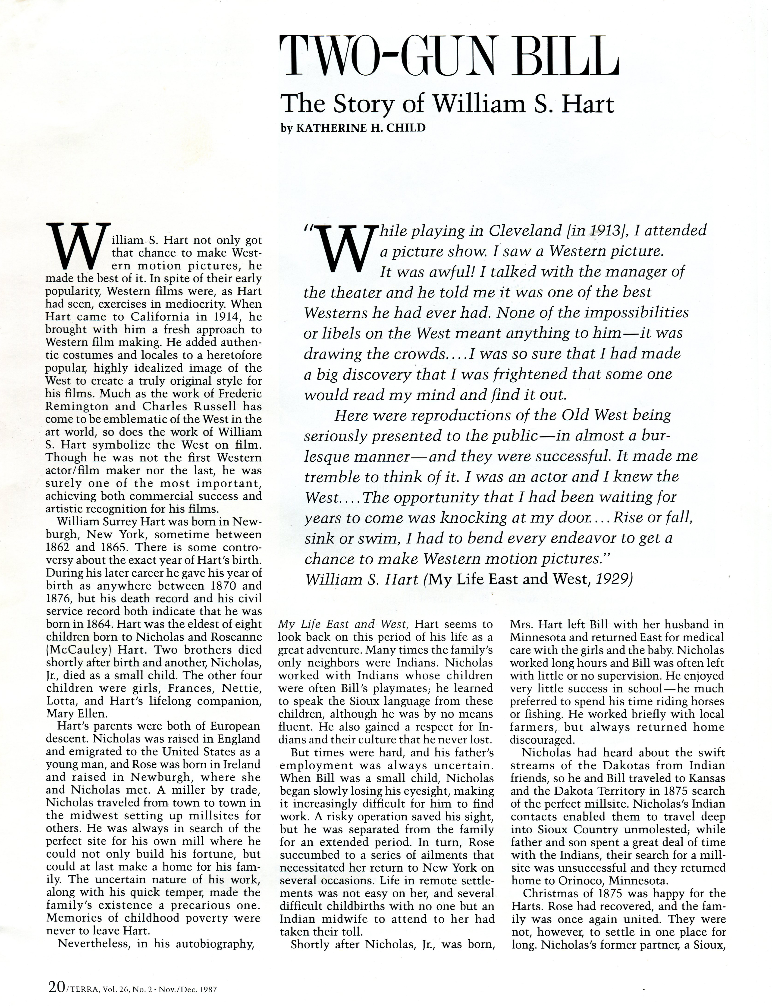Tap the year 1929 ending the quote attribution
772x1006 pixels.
point(611,579)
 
